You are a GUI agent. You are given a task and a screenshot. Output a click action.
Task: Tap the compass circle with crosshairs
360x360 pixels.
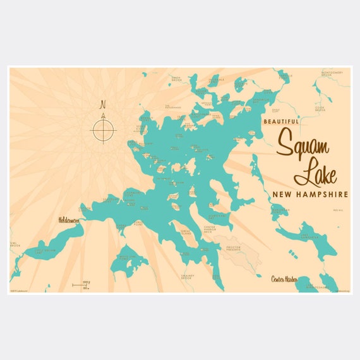point(104,130)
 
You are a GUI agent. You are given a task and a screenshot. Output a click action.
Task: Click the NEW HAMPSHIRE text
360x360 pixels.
point(309,195)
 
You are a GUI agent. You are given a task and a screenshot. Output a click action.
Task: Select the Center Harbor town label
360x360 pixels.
point(284,278)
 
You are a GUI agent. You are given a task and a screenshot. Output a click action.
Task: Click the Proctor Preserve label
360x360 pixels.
point(235,248)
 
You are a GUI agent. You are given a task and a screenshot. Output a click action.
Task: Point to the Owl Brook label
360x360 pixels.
point(15,244)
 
